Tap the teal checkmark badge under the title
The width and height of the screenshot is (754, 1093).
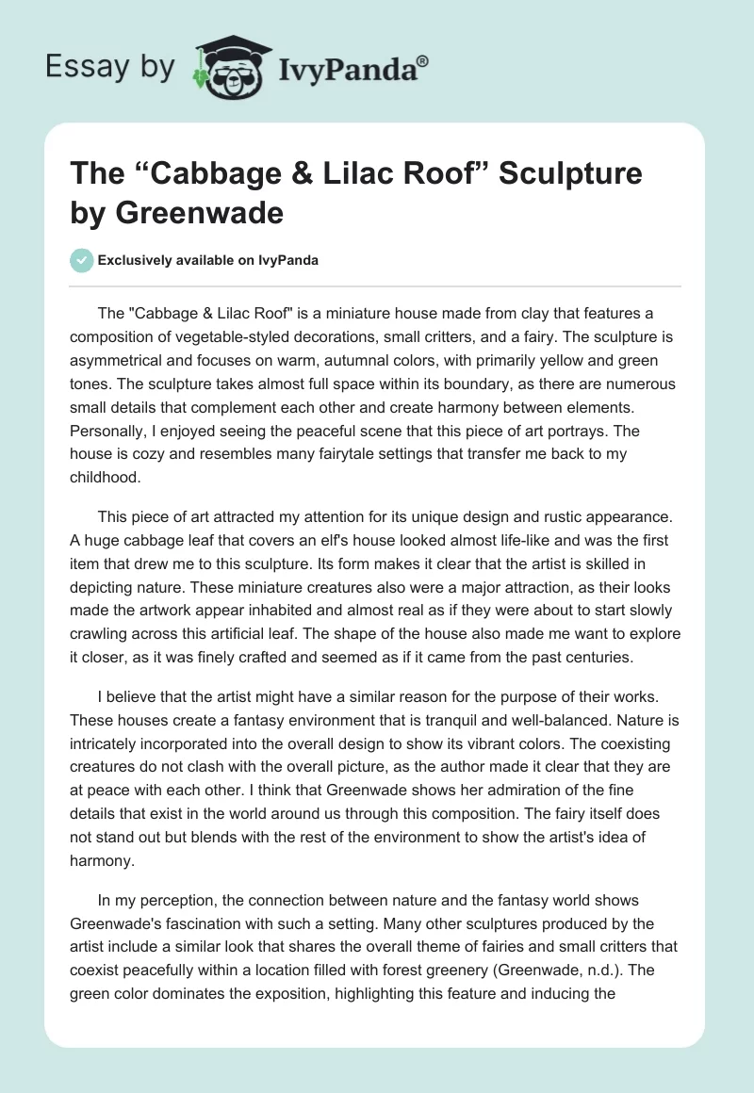point(82,260)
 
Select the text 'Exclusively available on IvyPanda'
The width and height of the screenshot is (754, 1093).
point(207,260)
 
